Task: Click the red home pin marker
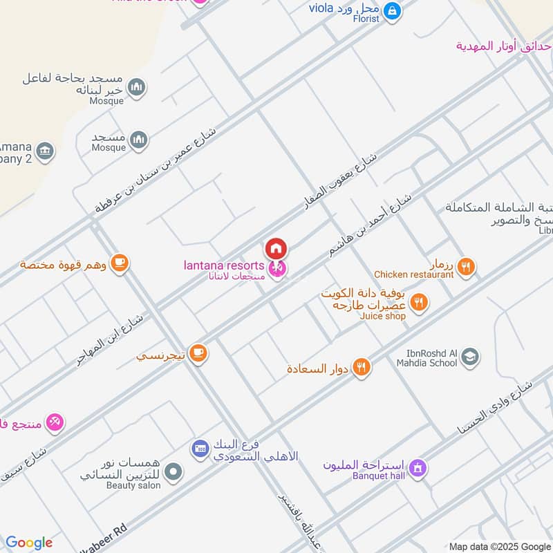276,247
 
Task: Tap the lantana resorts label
223,265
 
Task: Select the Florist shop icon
392,11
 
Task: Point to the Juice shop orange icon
418,302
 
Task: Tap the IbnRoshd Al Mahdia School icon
470,357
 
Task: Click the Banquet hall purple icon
417,468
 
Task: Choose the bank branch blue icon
200,449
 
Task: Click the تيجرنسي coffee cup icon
198,353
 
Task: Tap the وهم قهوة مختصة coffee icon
120,263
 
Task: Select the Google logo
29,543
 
